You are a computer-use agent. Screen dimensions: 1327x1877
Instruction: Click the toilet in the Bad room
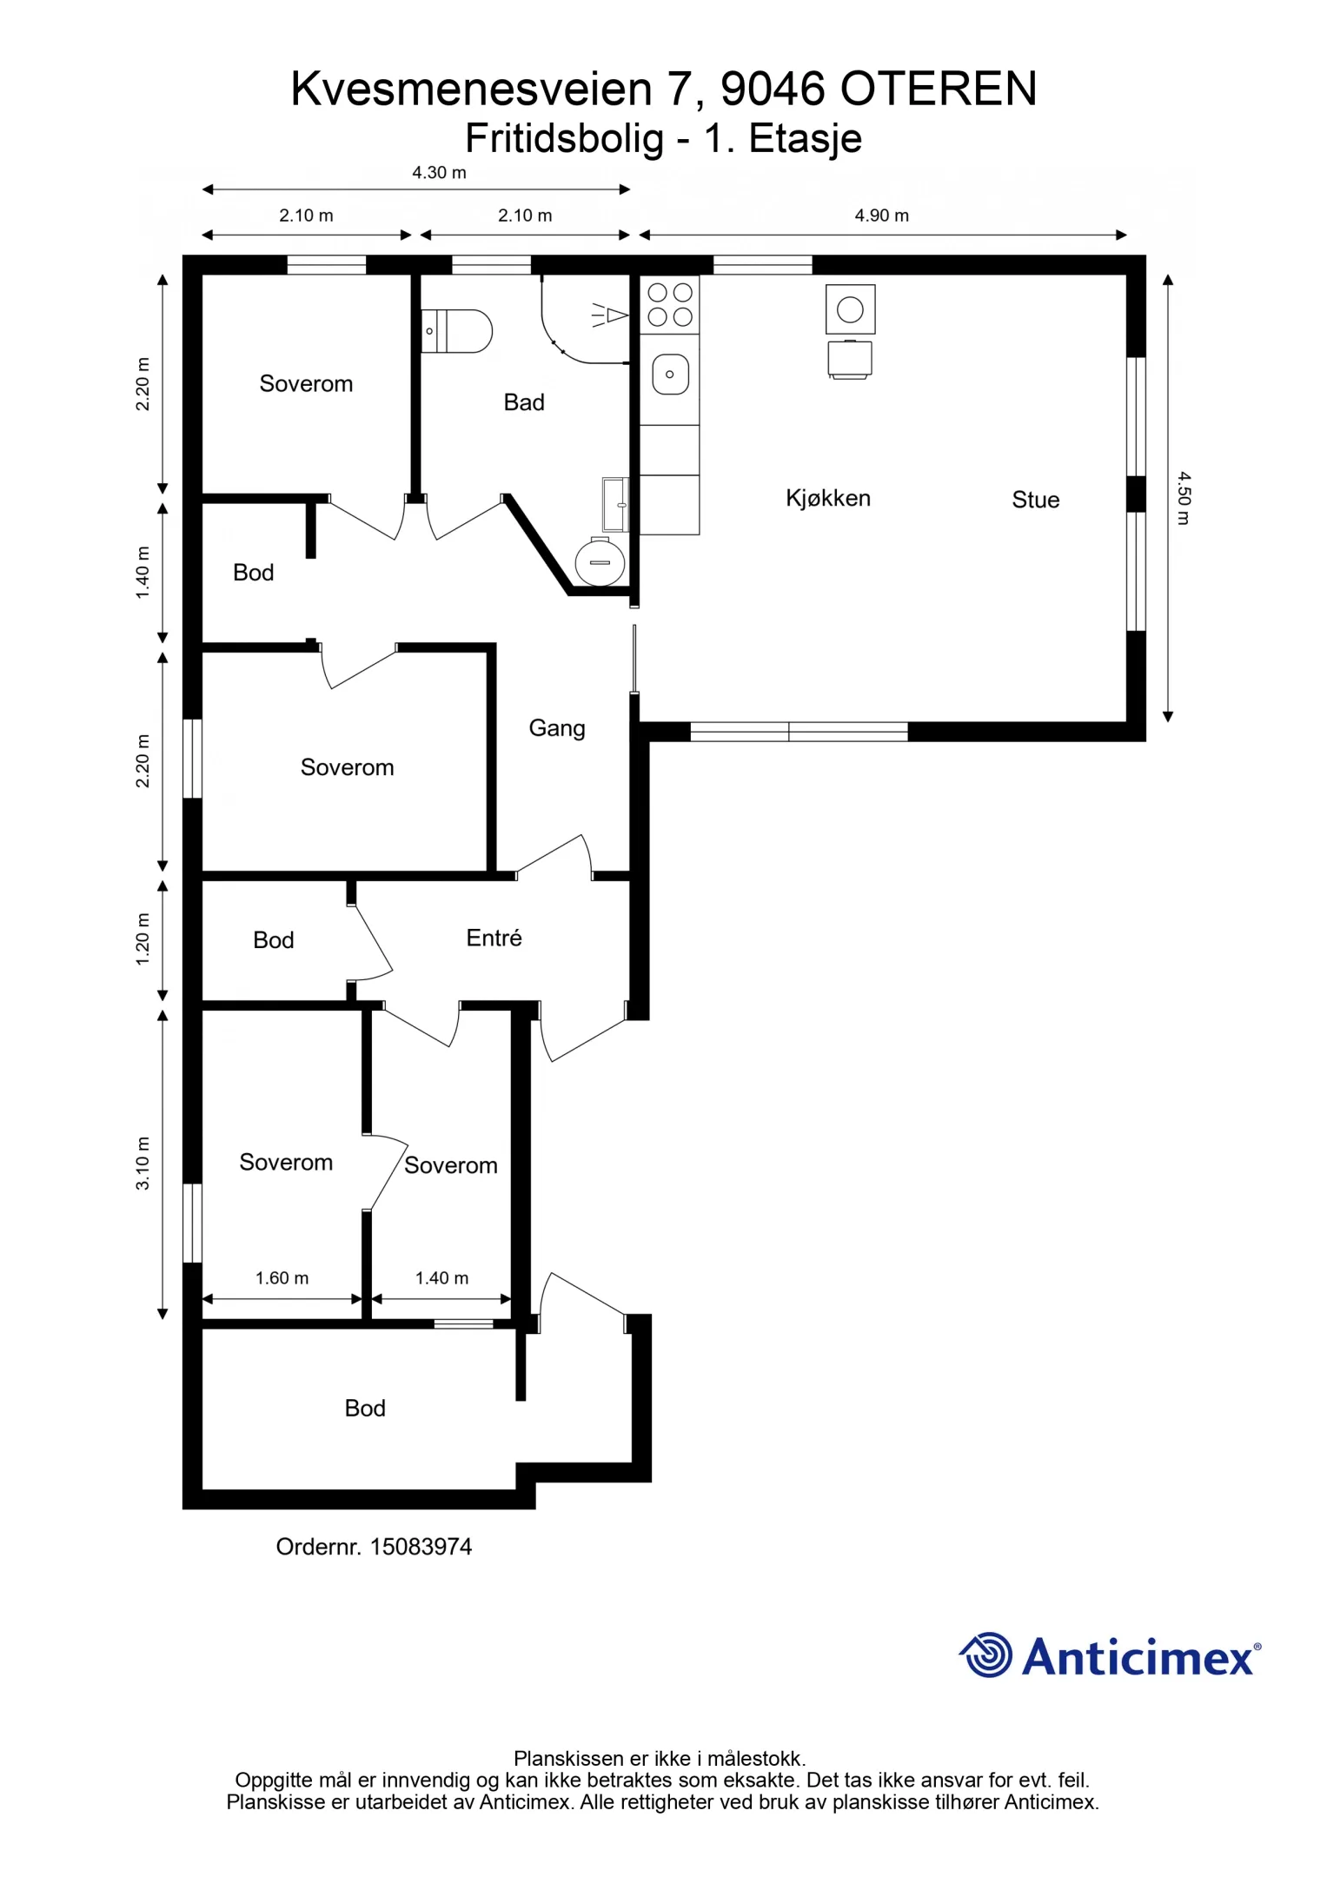tap(456, 331)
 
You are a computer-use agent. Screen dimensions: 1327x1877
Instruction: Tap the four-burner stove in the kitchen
tap(670, 304)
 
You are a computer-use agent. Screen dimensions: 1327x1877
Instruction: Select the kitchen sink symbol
tap(670, 375)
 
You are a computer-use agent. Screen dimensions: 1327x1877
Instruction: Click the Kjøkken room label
tap(828, 498)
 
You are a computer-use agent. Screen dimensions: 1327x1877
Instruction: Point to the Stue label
tap(1035, 500)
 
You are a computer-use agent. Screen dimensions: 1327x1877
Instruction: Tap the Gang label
tap(557, 728)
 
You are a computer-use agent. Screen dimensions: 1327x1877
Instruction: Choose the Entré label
tap(494, 938)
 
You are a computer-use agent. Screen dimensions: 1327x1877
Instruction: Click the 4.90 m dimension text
tap(881, 216)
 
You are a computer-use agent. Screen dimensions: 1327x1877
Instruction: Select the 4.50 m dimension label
tap(1184, 498)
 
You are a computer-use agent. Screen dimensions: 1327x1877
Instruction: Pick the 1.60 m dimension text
tap(282, 1277)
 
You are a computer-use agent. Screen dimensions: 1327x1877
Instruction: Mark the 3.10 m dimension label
tap(143, 1164)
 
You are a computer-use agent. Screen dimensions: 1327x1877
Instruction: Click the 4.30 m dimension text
tap(439, 173)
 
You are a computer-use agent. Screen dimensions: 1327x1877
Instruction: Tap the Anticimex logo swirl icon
tap(985, 1655)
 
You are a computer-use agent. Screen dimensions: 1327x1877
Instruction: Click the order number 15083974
tap(421, 1547)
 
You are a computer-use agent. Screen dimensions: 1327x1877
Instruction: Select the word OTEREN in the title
tap(939, 89)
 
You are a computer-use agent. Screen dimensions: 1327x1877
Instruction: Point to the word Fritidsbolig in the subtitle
tap(564, 139)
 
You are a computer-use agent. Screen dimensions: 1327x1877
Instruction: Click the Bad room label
tap(524, 402)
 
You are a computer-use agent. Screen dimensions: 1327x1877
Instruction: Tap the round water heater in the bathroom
tap(600, 561)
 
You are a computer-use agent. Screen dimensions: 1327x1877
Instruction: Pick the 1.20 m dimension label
tap(143, 939)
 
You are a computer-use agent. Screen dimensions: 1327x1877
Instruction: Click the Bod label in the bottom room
tap(365, 1408)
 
